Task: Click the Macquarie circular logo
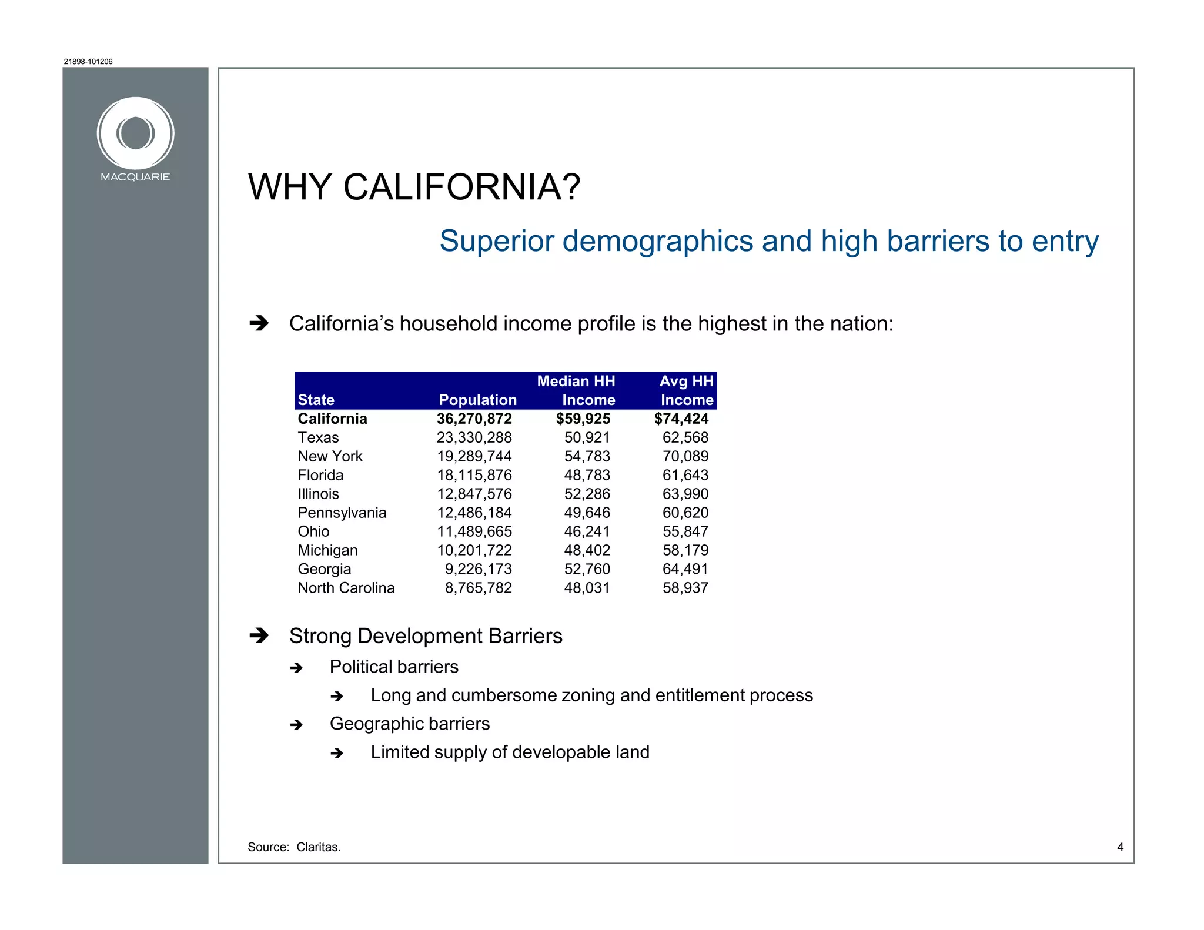point(135,133)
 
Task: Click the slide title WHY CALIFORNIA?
point(414,188)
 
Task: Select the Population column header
point(477,400)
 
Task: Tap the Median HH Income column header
point(576,390)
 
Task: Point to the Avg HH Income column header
point(686,390)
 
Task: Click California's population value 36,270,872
point(474,419)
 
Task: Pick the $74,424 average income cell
point(681,419)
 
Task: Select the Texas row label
point(318,437)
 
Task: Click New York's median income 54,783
point(587,456)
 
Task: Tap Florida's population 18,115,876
point(474,475)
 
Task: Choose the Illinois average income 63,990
point(685,494)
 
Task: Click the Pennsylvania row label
point(342,513)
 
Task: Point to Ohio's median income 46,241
point(587,531)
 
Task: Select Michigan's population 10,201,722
point(474,550)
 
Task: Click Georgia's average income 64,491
point(685,569)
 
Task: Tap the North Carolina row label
point(346,588)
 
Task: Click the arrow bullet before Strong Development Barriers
point(259,635)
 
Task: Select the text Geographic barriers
point(409,724)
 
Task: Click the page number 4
point(1120,847)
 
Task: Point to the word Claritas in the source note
point(318,847)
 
